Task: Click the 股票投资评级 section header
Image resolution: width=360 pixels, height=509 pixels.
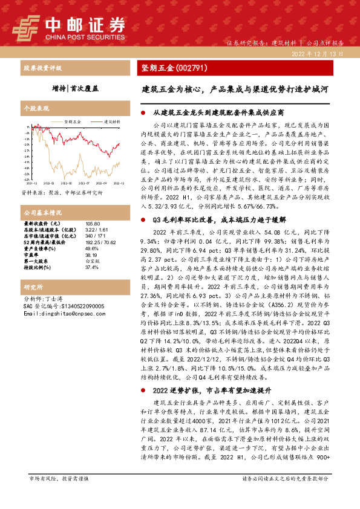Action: pos(42,69)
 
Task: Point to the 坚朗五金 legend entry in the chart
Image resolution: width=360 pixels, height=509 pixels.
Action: pos(72,121)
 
